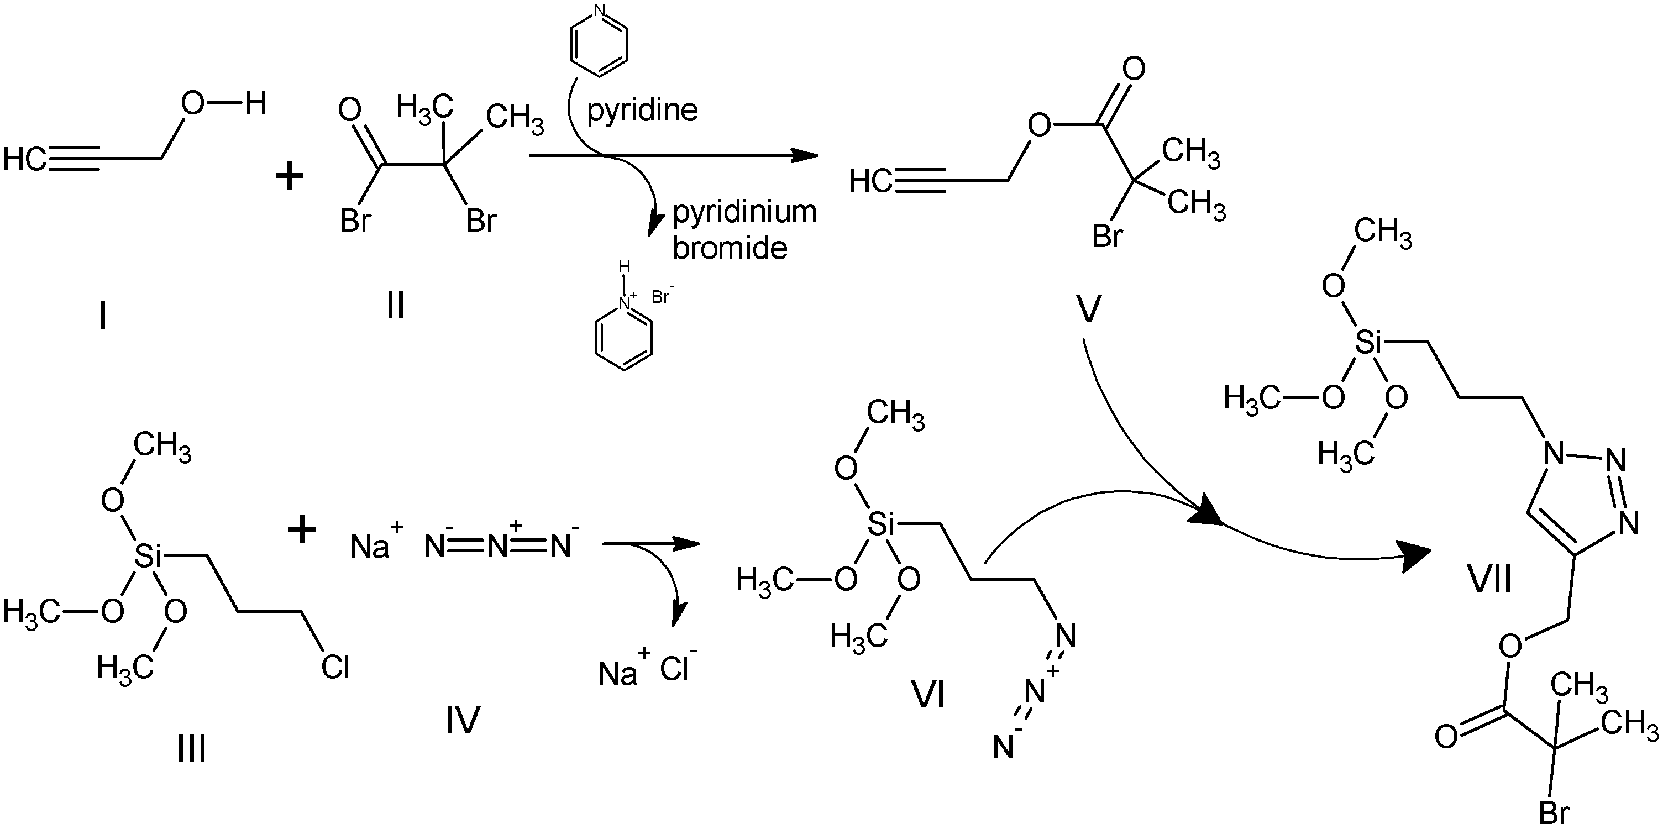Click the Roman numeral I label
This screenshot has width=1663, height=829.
click(x=103, y=316)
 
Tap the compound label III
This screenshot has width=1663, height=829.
click(x=192, y=749)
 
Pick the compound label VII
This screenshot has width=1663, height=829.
click(x=1490, y=579)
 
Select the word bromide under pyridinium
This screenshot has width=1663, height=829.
click(x=730, y=248)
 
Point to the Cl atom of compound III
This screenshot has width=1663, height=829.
click(x=335, y=667)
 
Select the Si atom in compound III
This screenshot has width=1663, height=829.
click(x=147, y=557)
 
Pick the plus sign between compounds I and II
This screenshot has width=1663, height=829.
click(x=290, y=176)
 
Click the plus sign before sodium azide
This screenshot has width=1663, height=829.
click(x=301, y=531)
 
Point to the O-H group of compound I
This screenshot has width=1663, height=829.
click(x=223, y=103)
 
